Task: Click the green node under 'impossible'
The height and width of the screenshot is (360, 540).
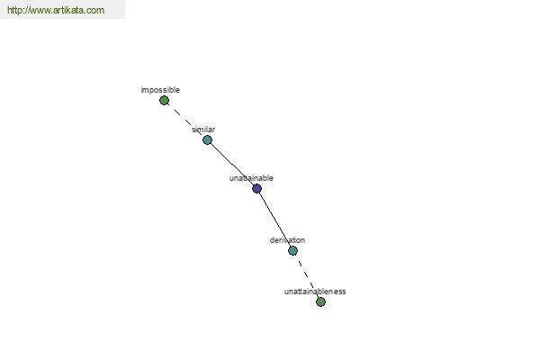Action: (x=165, y=101)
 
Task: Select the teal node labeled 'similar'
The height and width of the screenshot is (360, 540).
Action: (x=207, y=139)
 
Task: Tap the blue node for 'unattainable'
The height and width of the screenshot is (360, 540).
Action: (x=256, y=188)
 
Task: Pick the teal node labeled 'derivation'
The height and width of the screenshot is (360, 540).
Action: (x=292, y=250)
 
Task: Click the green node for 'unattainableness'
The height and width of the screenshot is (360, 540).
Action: (x=320, y=301)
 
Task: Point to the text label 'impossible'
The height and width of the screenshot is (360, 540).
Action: (x=160, y=90)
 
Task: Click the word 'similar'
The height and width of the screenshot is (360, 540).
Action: (x=203, y=130)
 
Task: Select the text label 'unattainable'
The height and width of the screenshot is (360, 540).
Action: (x=251, y=178)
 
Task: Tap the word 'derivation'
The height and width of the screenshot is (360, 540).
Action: (x=288, y=240)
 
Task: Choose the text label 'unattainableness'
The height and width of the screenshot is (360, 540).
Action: (x=315, y=292)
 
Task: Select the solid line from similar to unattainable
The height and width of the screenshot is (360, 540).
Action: (x=232, y=165)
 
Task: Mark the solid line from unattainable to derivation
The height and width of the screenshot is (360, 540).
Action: (x=274, y=220)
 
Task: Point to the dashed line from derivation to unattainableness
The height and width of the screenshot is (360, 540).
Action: (x=307, y=276)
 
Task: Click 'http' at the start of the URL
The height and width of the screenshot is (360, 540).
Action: (x=16, y=10)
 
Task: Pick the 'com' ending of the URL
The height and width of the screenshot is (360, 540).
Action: (x=97, y=11)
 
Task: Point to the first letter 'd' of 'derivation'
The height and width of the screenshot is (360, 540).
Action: (x=272, y=240)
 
